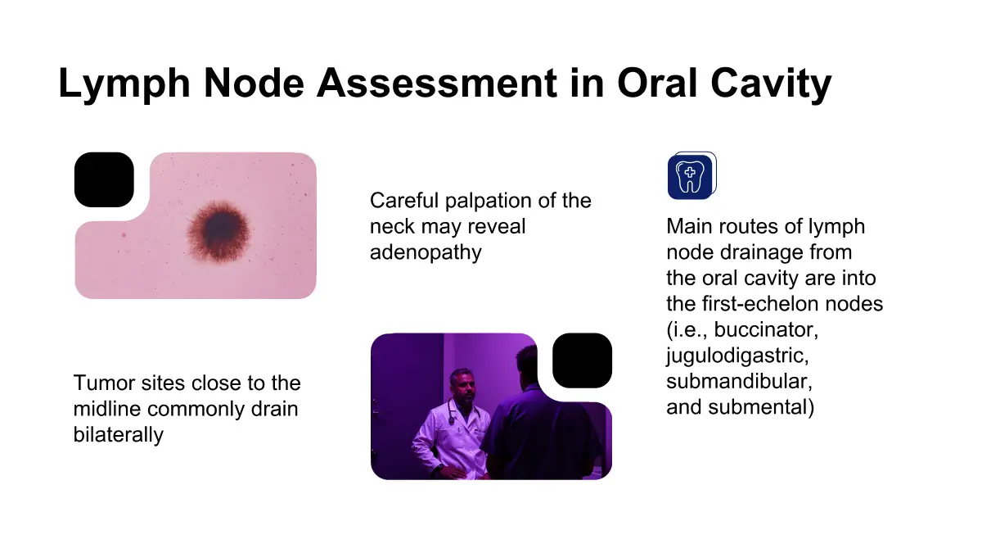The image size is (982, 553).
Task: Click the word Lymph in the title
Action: coord(124,84)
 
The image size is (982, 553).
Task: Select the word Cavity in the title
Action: coord(771,84)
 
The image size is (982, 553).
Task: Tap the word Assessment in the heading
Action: coord(437,83)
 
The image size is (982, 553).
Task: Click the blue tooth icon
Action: coord(691,175)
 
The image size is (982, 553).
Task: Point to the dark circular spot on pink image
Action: coord(218,231)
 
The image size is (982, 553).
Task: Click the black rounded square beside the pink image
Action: coord(104,179)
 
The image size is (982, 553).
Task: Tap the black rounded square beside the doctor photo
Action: coord(582,360)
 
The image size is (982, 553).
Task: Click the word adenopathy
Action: coord(426,252)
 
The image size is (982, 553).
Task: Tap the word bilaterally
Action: coord(119,435)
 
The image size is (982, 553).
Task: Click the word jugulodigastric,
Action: coord(737,356)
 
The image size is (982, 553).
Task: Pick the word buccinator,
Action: coord(766,330)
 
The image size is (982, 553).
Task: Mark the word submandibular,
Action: coord(740,381)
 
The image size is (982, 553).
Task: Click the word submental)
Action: coord(760,407)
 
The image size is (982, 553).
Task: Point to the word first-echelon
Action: coord(759,304)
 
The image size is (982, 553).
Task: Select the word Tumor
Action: coord(103,383)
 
